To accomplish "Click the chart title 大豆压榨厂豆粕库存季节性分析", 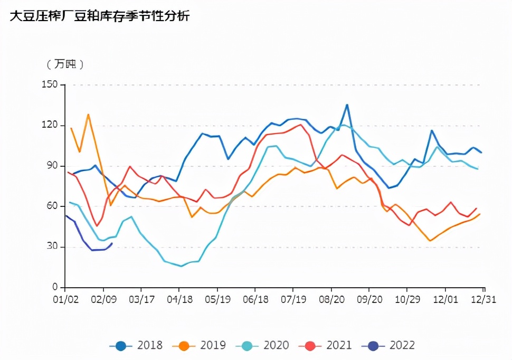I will click(x=100, y=16).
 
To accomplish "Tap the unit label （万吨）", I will click(x=65, y=64).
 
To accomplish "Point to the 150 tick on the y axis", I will click(x=52, y=84).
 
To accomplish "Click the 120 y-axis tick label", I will click(x=52, y=125).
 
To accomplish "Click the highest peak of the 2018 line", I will click(x=347, y=105).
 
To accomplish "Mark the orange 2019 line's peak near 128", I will click(x=88, y=114).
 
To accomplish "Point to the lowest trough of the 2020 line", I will click(x=181, y=266).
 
